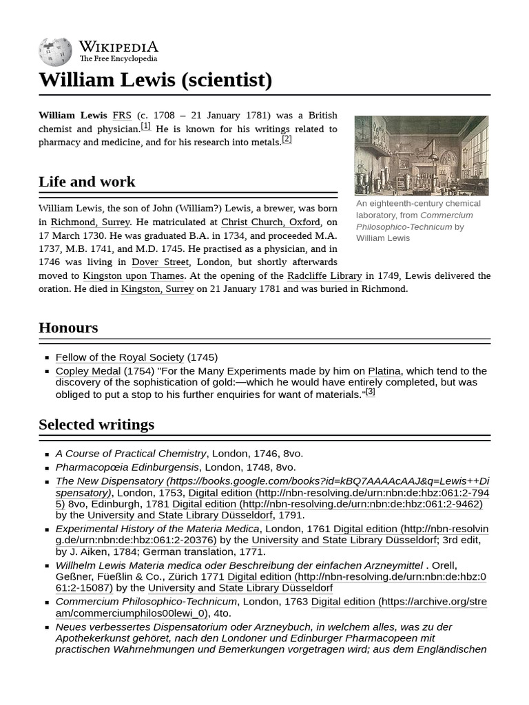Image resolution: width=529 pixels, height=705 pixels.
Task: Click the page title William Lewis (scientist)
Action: point(155,80)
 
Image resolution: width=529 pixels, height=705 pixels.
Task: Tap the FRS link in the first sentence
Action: point(121,115)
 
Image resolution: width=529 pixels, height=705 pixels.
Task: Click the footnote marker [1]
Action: point(145,126)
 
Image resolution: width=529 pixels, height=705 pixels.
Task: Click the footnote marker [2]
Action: point(287,139)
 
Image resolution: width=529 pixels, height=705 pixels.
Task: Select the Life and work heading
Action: point(87,182)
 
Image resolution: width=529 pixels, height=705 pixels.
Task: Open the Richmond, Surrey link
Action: point(90,222)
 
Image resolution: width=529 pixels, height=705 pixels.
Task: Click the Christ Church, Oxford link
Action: point(270,222)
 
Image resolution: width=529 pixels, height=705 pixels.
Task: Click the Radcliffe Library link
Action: point(324,275)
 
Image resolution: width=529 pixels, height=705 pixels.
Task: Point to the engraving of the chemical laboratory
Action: point(421,156)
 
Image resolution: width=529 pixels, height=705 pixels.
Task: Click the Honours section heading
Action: point(68,328)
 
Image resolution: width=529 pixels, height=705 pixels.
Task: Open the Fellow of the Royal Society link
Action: point(119,357)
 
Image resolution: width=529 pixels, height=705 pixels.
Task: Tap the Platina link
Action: point(384,371)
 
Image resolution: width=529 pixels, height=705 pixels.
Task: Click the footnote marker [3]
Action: point(370,392)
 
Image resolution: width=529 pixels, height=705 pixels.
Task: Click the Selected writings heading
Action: point(96,425)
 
